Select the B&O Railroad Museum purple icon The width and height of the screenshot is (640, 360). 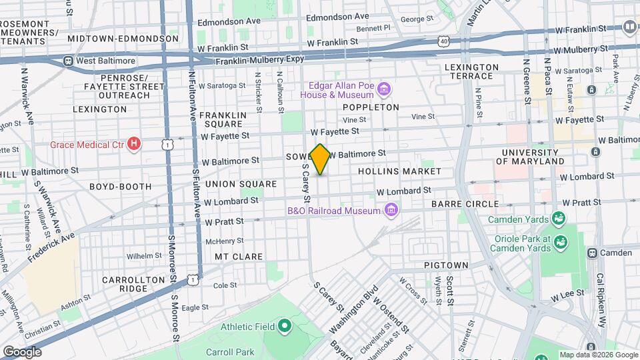(x=391, y=211)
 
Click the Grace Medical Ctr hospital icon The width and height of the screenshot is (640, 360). (x=135, y=144)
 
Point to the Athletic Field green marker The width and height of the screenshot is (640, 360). (x=285, y=326)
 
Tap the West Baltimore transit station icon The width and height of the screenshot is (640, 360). (x=67, y=61)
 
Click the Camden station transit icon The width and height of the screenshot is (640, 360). (x=591, y=253)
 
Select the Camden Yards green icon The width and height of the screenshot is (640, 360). (x=557, y=219)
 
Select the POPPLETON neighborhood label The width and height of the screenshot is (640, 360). (x=371, y=107)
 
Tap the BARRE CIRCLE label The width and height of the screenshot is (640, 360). (x=465, y=204)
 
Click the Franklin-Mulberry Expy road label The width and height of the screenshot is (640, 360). (x=262, y=61)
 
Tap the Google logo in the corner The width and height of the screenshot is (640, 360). (x=22, y=351)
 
